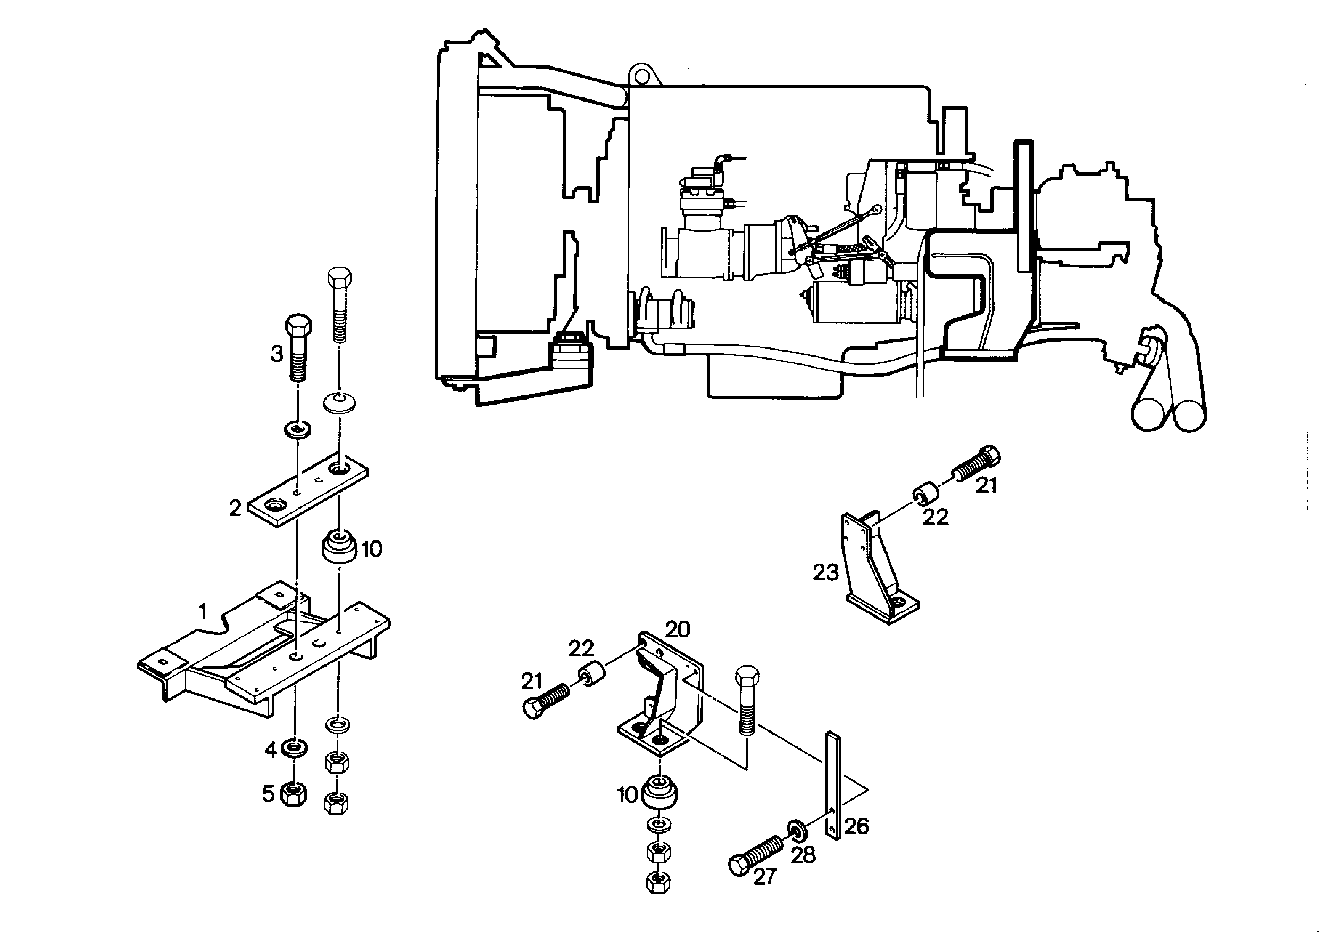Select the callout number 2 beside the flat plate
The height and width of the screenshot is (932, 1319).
236,508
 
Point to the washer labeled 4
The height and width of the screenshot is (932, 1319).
295,747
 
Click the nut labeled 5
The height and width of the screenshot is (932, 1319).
294,795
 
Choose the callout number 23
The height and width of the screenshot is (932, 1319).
825,572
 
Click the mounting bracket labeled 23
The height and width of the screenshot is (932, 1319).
876,569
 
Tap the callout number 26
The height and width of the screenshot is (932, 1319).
856,826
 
